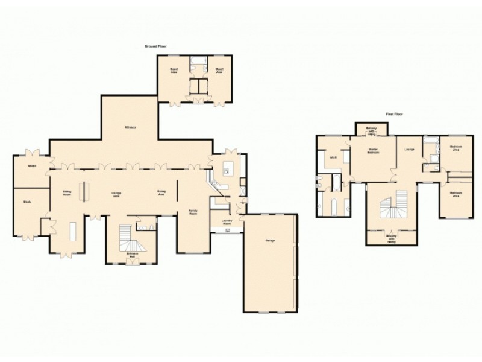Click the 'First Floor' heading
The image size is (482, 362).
(395, 114)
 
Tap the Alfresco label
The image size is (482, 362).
(130, 127)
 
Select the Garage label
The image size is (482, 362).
(271, 241)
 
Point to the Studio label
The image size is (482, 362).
(31, 165)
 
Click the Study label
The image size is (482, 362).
(27, 202)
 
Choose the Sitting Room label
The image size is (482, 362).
(67, 194)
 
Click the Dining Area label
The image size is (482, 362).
(161, 194)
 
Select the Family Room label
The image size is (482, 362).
(193, 212)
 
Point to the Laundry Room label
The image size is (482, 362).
(227, 222)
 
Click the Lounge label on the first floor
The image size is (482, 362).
(409, 149)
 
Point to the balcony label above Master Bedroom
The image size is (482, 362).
(371, 130)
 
